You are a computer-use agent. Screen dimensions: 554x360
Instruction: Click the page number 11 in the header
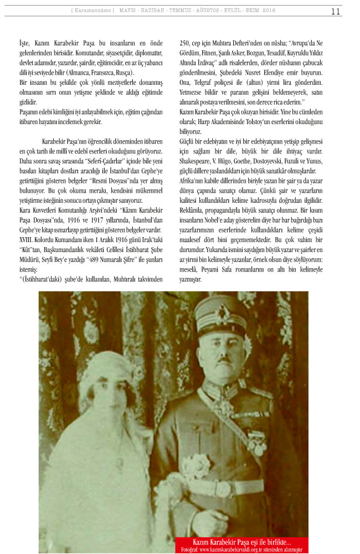pos(336,12)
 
